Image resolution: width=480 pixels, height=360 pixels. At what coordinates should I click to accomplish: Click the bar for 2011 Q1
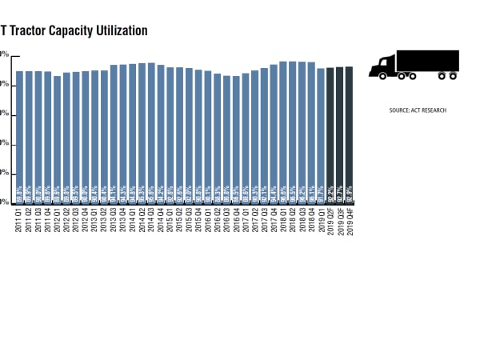pos(19,136)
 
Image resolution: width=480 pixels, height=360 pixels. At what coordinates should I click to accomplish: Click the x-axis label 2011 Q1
pos(19,218)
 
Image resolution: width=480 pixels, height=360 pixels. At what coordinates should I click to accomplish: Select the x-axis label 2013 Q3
pos(114,218)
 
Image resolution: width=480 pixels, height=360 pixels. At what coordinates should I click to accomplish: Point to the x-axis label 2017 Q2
pos(255,218)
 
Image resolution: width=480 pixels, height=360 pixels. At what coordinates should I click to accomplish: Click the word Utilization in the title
pos(119,30)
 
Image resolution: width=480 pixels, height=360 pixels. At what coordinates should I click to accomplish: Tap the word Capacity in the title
pos(71,30)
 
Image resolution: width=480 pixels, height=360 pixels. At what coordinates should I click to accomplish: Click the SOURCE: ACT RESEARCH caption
pos(414,110)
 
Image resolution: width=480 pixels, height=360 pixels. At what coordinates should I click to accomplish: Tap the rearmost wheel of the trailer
pos(454,77)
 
